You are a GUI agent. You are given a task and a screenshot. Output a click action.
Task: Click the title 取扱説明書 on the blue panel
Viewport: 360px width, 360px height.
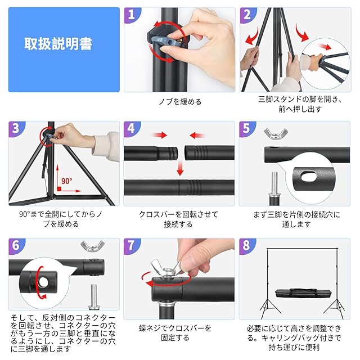(x=58, y=44)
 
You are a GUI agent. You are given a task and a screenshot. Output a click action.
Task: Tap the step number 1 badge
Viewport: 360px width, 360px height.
(x=132, y=15)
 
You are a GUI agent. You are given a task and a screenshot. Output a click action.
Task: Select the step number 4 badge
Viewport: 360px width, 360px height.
(x=131, y=129)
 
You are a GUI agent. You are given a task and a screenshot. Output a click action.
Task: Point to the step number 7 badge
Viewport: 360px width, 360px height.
(x=131, y=246)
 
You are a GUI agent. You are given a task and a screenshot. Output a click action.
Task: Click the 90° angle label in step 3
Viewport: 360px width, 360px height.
(x=66, y=181)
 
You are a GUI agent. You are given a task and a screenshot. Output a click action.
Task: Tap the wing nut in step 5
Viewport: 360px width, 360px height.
(x=276, y=133)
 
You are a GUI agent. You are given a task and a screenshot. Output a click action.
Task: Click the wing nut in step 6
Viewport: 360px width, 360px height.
(x=92, y=246)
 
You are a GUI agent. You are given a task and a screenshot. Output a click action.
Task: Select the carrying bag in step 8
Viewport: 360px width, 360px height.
(x=303, y=293)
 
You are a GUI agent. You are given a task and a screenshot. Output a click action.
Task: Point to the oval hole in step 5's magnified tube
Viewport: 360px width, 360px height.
(x=309, y=177)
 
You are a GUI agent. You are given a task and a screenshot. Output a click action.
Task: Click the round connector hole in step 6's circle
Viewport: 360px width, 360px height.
(x=43, y=282)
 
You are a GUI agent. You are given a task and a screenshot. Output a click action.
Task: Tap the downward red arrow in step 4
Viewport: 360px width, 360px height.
(x=180, y=168)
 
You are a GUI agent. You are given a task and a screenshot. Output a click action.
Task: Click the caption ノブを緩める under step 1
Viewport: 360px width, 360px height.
(x=180, y=101)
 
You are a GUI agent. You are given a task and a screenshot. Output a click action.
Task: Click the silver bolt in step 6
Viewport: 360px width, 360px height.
(x=93, y=296)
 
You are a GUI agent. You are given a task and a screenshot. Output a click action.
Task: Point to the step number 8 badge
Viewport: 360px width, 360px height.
(x=246, y=246)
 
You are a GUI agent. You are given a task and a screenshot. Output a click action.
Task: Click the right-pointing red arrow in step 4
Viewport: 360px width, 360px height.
(x=160, y=135)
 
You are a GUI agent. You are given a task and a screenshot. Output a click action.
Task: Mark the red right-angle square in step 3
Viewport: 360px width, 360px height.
(x=59, y=189)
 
